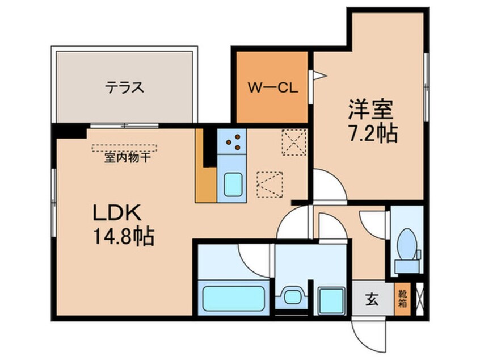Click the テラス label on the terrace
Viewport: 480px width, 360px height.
pyautogui.click(x=123, y=87)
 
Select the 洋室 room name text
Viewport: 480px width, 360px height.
pyautogui.click(x=370, y=108)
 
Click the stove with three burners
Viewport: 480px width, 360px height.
pyautogui.click(x=232, y=142)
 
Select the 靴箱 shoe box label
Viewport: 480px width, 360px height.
pyautogui.click(x=402, y=298)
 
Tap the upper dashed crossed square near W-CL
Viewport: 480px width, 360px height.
pyautogui.click(x=293, y=141)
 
